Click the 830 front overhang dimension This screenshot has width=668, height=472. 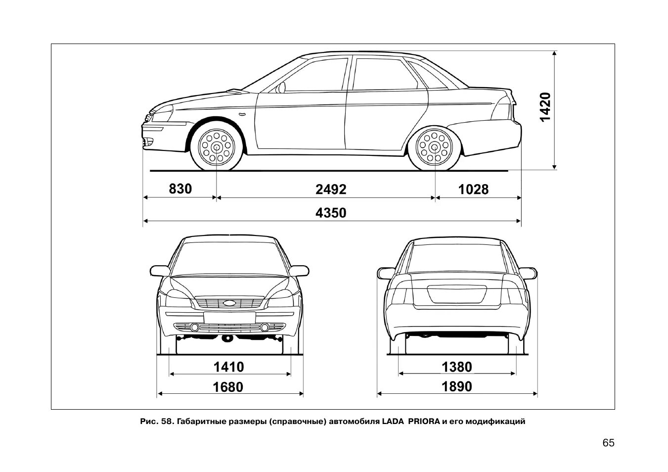coord(180,189)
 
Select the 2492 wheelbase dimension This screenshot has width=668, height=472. coord(331,189)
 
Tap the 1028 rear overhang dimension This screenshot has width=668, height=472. coord(473,189)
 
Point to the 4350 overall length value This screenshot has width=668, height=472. coord(331,213)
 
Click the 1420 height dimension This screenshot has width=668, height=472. coord(544,106)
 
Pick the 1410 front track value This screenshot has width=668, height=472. coord(228,367)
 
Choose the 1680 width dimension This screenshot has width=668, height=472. coord(228,386)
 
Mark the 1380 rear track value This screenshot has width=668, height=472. coord(456,367)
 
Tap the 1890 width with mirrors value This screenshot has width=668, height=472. coord(456,386)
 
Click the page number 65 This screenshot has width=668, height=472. coord(608,442)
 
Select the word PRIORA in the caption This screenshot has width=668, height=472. coord(424,422)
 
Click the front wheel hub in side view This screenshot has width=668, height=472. coord(217,147)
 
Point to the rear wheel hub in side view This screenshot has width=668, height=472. coord(435,147)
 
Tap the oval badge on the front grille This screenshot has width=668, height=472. coord(229,303)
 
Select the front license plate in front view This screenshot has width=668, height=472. coord(229,317)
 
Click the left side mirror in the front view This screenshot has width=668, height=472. coord(159,271)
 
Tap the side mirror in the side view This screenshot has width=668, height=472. coord(281,88)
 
